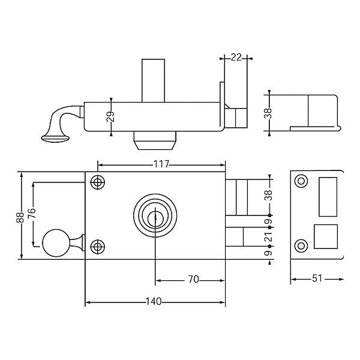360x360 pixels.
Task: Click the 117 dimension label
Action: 161,164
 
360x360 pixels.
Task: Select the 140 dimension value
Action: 154,302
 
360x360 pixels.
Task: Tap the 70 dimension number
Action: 193,280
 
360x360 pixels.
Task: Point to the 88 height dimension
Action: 20,217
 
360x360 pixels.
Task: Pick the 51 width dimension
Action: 316,278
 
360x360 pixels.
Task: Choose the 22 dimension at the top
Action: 236,58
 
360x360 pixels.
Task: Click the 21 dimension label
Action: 269,238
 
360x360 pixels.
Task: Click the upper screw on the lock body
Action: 97,181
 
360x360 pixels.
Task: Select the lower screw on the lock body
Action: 97,247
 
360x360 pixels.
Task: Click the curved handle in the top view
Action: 60,122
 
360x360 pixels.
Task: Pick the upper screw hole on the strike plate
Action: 301,181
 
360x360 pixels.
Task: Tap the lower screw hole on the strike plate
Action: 301,245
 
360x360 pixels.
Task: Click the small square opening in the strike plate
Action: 326,236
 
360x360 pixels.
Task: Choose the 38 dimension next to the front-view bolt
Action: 269,195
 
